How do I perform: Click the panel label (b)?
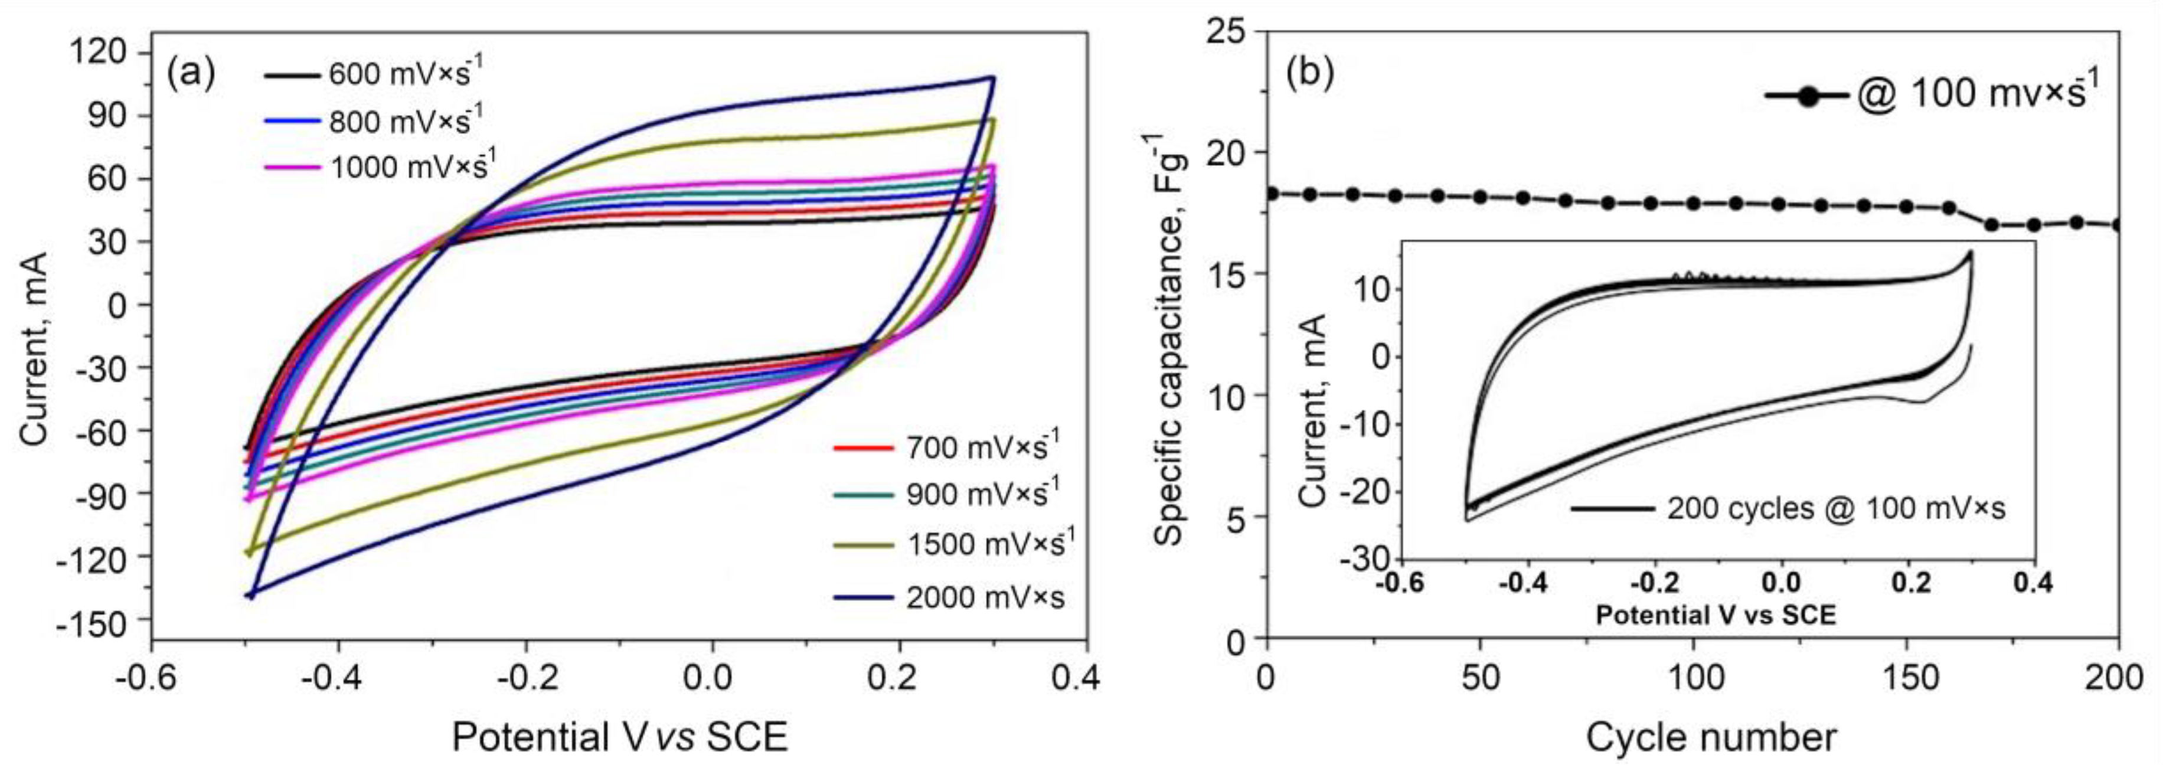coord(1309,73)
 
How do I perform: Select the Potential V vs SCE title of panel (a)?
coord(619,736)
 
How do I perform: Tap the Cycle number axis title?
coord(1711,736)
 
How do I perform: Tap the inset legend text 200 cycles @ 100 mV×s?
coord(1835,508)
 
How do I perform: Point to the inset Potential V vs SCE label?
coord(1715,615)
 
